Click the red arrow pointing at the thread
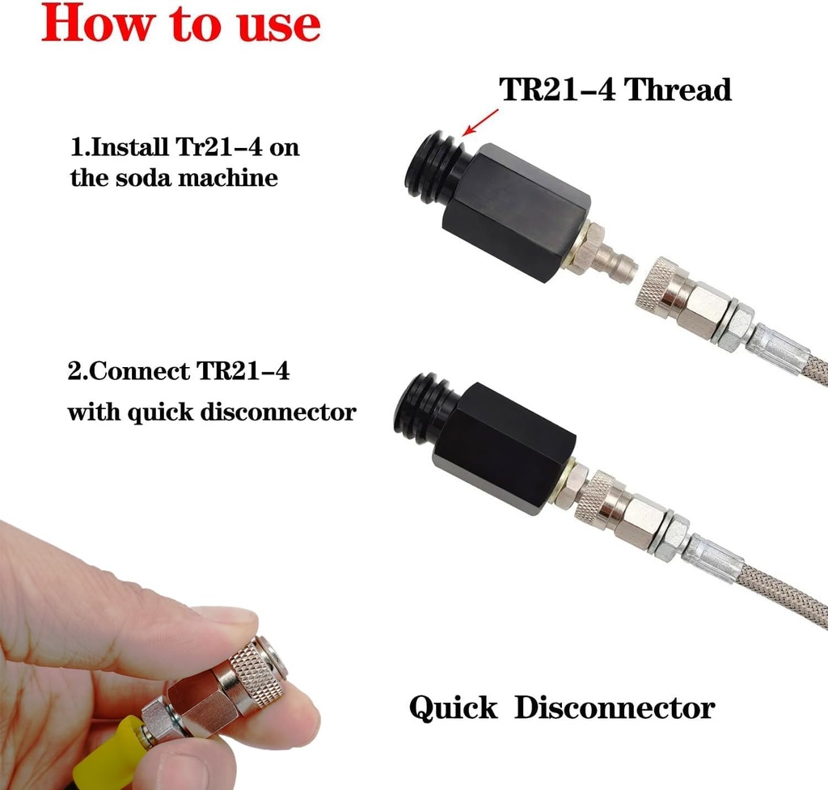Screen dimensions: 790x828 point(478,124)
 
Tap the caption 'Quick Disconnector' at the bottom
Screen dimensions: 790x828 point(562,708)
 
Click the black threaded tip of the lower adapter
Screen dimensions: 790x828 point(425,408)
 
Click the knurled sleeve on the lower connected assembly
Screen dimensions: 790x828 point(597,496)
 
